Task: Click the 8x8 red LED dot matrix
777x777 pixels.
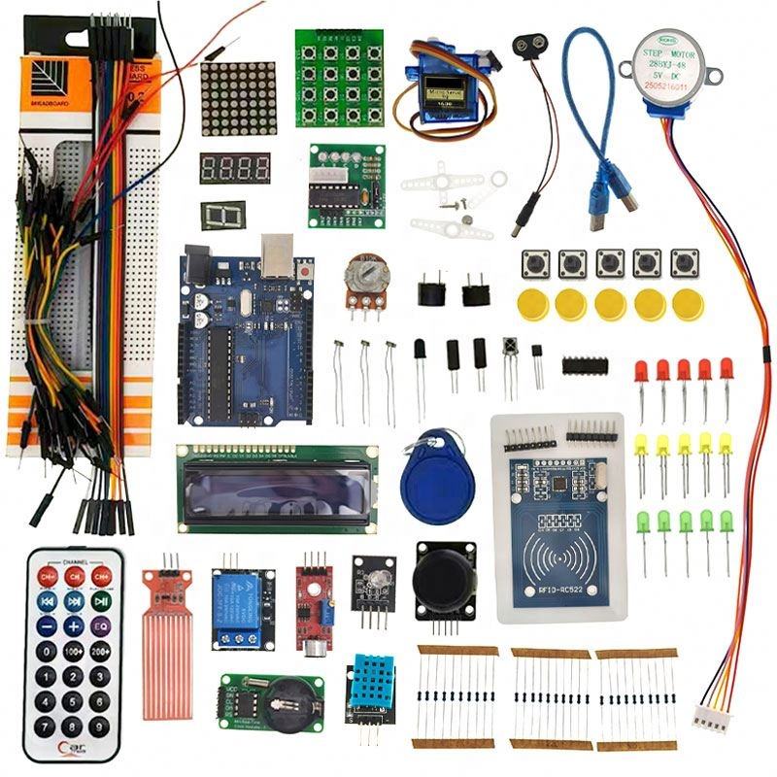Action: coord(238,98)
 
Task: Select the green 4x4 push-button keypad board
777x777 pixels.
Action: coord(339,77)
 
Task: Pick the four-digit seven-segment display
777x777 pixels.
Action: coord(235,168)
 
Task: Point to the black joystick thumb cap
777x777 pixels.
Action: coord(444,580)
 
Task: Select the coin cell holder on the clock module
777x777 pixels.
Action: coord(290,696)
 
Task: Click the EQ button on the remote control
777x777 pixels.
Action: coord(100,626)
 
